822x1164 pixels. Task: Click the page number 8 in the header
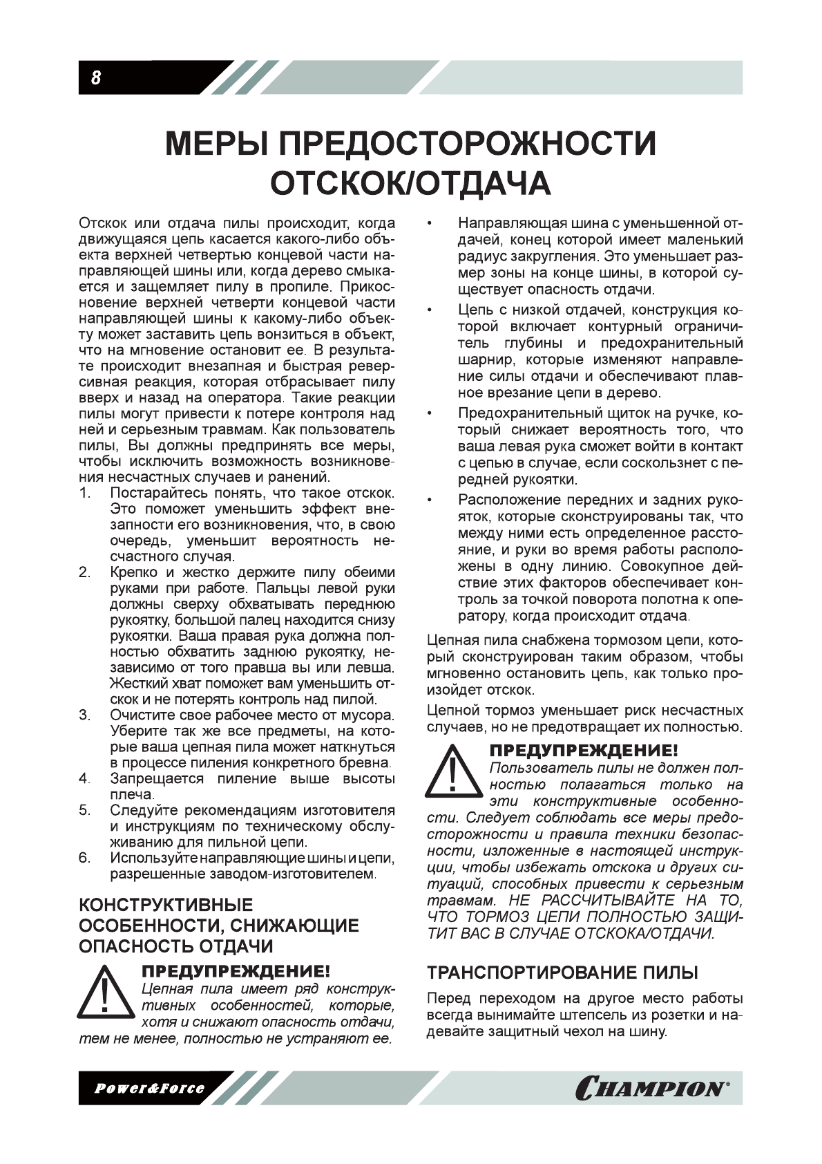coord(96,78)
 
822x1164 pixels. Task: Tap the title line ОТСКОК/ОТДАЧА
coord(410,183)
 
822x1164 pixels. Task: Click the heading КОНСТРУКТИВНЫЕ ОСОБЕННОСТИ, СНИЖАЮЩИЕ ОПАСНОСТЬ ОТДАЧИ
coord(219,926)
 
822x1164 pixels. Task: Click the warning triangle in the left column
coord(104,999)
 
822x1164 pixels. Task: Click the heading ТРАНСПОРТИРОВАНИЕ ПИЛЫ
coord(563,973)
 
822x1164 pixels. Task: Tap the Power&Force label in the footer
coord(149,1089)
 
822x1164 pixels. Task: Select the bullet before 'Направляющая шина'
coord(430,224)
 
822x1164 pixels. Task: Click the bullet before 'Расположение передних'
coord(430,500)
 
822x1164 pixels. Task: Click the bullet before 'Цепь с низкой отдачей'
coord(430,310)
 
